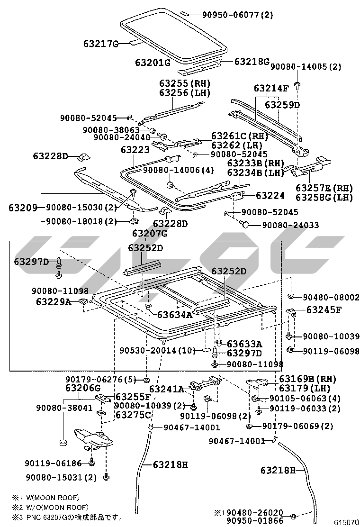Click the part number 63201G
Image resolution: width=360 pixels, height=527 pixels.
coord(152,63)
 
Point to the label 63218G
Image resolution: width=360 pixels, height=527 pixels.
coord(252,62)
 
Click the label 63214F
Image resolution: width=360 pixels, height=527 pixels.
coord(271,88)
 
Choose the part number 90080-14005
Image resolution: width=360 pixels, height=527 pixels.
coord(299,67)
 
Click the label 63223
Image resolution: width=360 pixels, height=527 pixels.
coord(135,150)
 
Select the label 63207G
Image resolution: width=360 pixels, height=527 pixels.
coord(150,234)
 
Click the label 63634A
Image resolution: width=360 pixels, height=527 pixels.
coord(175,314)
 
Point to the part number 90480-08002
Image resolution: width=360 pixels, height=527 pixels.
coord(331,297)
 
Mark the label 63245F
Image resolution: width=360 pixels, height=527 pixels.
coord(324,310)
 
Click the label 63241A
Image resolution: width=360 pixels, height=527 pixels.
coord(168,389)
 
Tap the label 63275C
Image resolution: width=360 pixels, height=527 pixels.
coord(133,415)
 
